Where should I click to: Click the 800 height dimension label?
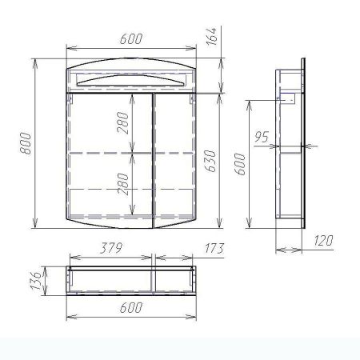[26, 143]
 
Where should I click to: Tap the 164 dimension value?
[212, 36]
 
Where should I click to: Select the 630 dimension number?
[210, 161]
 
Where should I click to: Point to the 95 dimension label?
[262, 137]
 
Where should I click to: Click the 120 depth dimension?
[323, 240]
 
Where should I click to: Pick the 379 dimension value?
[111, 248]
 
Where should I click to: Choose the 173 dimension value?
[214, 248]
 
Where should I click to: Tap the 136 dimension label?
[36, 281]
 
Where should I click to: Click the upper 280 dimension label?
[122, 123]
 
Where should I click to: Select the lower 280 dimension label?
[123, 184]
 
